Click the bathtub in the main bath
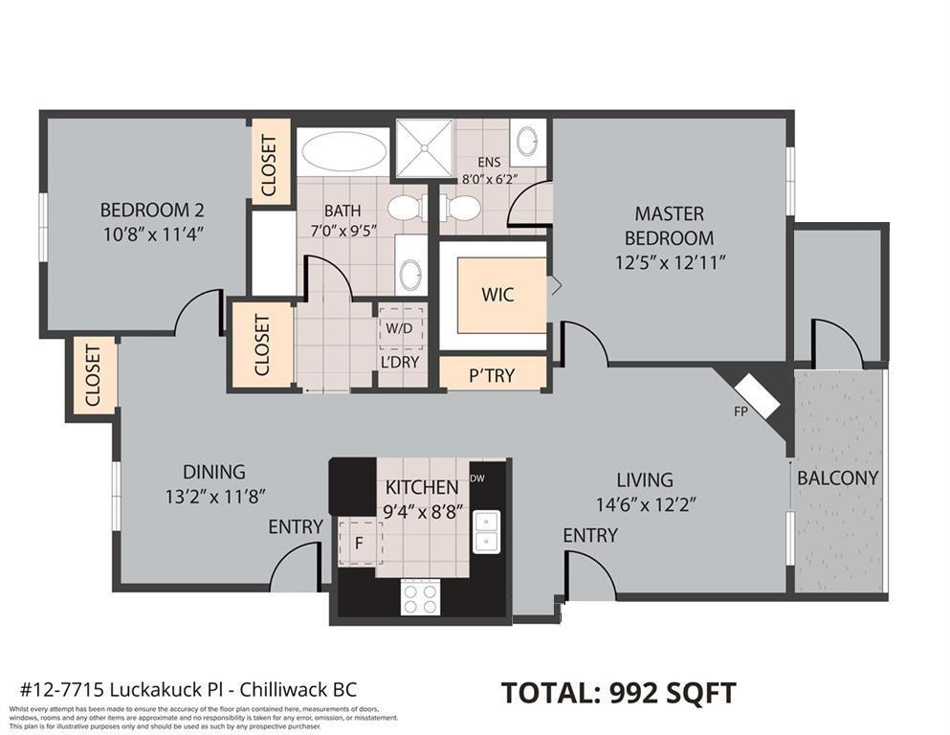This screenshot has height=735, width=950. point(342,152)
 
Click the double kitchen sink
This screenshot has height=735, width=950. point(488,531)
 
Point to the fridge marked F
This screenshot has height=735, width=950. point(359,543)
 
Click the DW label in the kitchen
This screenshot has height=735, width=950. point(477,479)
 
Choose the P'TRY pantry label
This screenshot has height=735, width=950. point(493,375)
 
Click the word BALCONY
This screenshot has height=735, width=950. point(837,478)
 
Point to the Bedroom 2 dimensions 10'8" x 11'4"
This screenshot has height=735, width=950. point(152,233)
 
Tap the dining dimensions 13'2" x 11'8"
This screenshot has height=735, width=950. point(214,496)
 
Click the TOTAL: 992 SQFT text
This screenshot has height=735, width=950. point(619,692)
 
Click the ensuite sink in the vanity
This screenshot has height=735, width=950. point(526,143)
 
